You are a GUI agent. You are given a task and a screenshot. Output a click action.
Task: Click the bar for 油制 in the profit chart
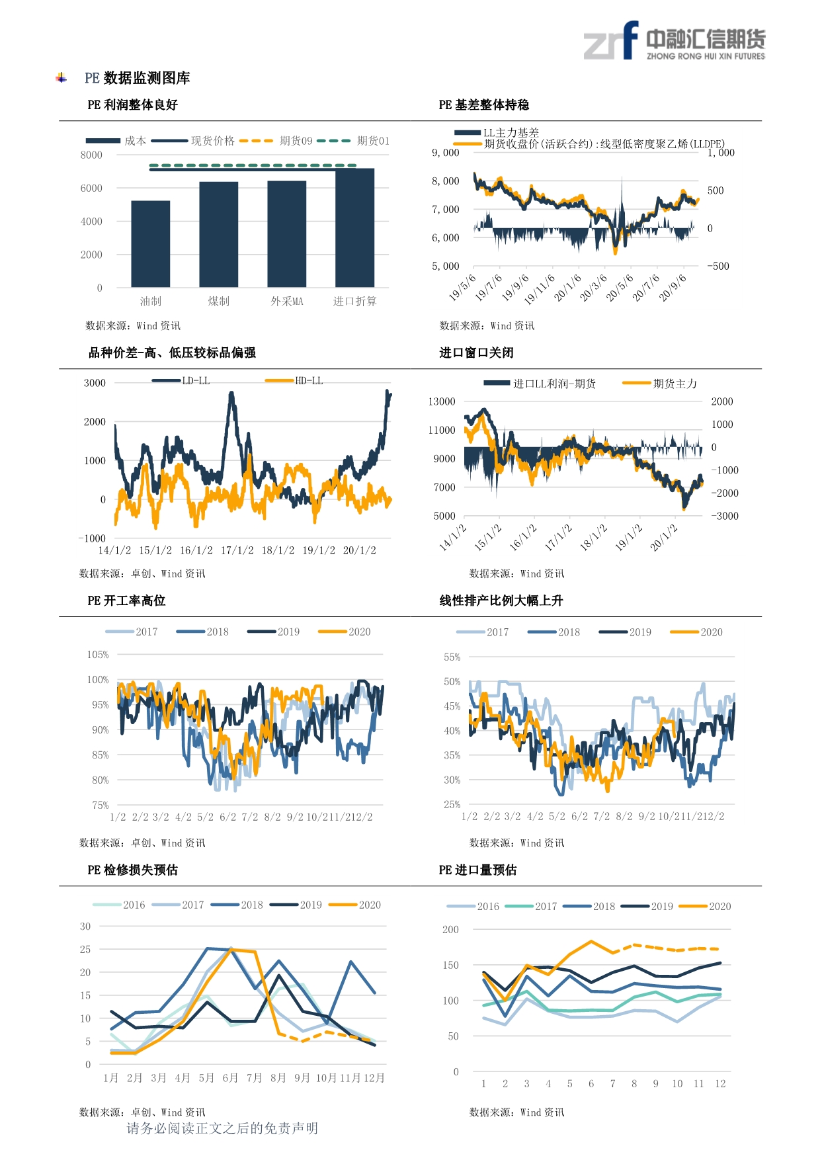[150, 244]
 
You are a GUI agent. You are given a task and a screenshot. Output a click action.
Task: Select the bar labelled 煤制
[218, 234]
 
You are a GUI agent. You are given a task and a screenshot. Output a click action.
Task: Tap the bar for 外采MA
[286, 234]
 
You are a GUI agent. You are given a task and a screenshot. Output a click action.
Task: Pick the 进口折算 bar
[354, 228]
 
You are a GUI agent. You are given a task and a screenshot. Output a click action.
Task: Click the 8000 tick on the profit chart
[91, 155]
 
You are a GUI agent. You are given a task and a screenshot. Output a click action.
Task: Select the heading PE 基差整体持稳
[483, 105]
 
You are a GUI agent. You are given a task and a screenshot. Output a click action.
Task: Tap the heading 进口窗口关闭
[476, 352]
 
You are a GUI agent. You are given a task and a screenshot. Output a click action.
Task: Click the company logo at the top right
[674, 41]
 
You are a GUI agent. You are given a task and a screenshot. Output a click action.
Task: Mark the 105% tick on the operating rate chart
[98, 655]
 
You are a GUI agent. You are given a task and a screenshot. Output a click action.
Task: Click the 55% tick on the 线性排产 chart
[452, 657]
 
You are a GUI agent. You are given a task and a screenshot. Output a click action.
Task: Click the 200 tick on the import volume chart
[450, 930]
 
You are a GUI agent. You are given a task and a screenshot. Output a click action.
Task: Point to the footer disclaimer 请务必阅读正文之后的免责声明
[222, 1128]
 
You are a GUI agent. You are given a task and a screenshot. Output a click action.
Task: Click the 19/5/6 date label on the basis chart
[462, 288]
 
